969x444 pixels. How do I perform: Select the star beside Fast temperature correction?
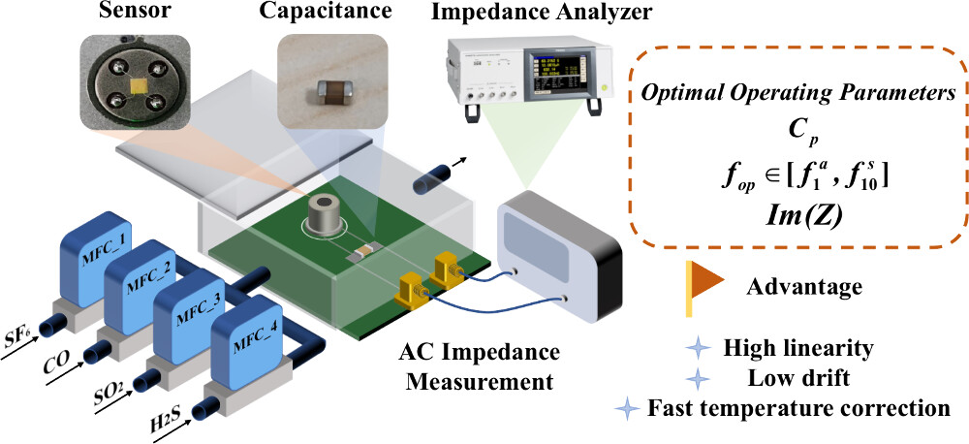click(x=631, y=408)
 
